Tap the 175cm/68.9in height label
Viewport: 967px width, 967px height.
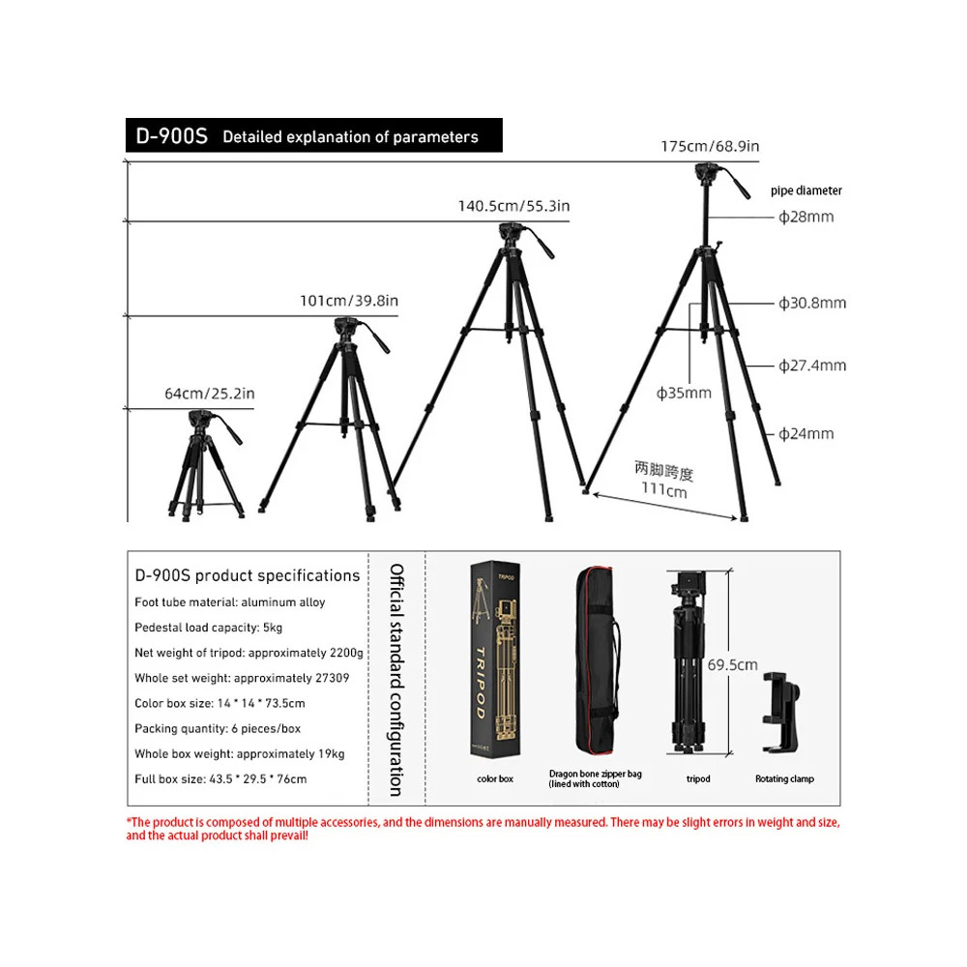click(710, 146)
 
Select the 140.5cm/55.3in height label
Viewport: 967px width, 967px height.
click(513, 206)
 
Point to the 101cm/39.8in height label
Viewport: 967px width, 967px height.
click(348, 301)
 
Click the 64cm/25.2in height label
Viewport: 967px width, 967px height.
click(209, 393)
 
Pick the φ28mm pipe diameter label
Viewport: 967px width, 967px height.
click(806, 217)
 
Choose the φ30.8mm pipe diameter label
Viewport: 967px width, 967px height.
click(812, 303)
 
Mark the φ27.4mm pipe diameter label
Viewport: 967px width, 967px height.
click(812, 366)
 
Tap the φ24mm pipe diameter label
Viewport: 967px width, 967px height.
click(806, 433)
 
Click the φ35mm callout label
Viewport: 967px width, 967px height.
click(684, 393)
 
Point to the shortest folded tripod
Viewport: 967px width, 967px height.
click(204, 464)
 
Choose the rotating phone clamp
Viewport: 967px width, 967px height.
click(784, 712)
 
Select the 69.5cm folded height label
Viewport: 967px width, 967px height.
click(731, 665)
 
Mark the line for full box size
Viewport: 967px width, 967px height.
click(220, 778)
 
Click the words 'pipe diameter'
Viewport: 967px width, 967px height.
click(806, 190)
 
